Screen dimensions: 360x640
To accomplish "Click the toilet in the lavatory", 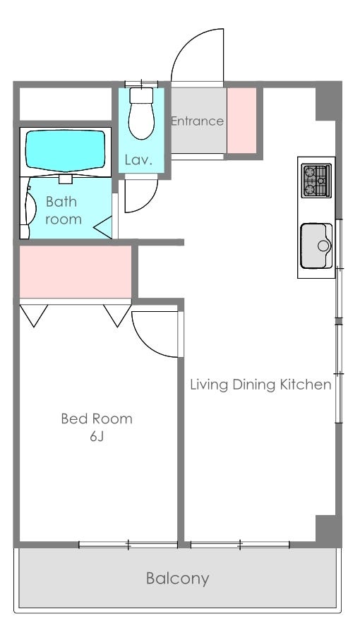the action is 141,113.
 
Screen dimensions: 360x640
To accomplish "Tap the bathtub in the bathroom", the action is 66,151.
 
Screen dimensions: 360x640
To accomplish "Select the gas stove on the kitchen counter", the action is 316,181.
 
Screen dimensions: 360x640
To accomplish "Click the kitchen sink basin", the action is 316,246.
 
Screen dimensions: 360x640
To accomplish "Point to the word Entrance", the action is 197,121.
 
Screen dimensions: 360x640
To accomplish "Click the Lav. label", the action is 138,159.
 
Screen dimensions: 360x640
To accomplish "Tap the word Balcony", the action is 178,579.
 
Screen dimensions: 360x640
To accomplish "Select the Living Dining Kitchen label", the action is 260,385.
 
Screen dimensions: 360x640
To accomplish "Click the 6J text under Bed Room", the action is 97,437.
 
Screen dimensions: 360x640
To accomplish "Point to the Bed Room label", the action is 97,418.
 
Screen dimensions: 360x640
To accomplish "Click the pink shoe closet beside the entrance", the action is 241,121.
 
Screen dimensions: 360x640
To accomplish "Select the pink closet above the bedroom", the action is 76,272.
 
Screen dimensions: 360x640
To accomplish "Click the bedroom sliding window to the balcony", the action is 128,545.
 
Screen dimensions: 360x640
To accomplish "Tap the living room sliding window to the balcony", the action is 240,545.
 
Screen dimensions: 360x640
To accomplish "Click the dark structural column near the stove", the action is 328,101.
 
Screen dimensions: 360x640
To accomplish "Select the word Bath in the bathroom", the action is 61,201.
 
